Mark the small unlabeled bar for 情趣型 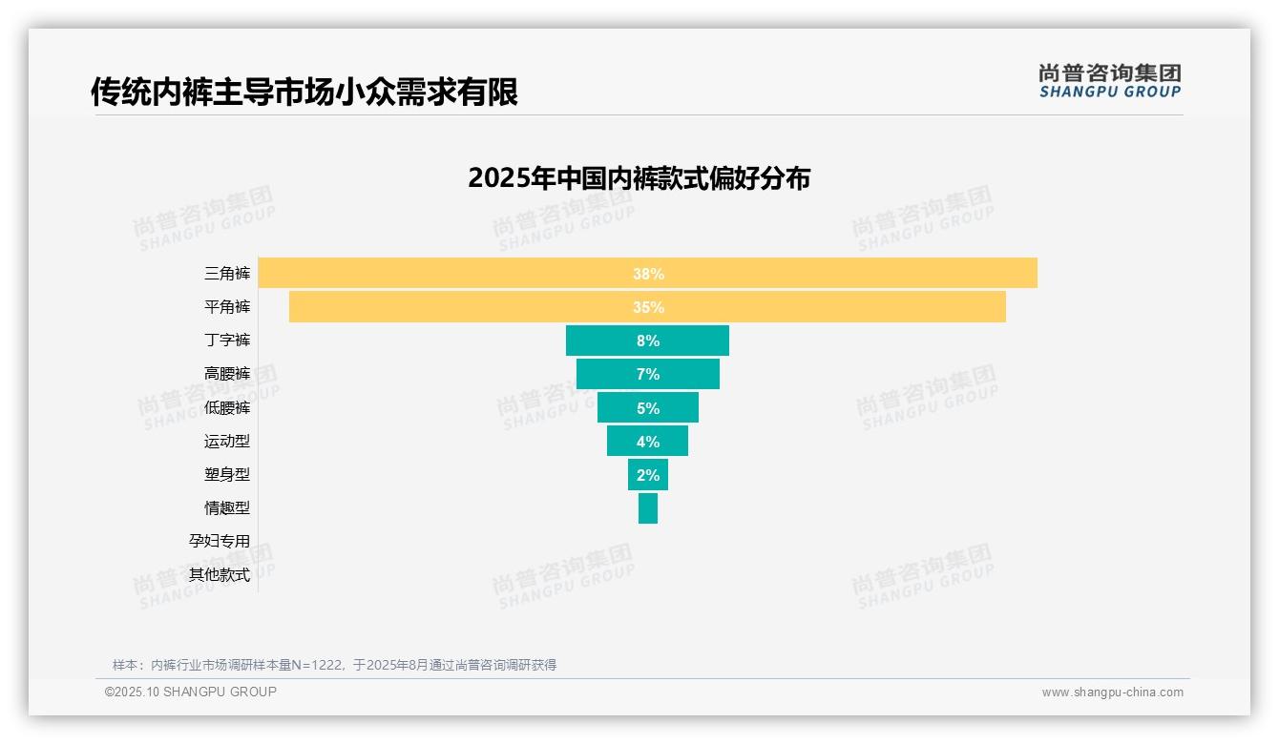(648, 507)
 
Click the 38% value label (648, 274)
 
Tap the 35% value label (648, 307)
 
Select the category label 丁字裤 (227, 341)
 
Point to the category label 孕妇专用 (220, 541)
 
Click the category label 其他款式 (220, 574)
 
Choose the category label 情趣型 (227, 507)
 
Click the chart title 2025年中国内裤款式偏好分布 (639, 178)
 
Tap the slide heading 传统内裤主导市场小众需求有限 (304, 93)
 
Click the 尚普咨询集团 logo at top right (1109, 80)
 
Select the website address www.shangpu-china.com (1112, 692)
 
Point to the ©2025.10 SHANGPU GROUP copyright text (191, 692)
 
